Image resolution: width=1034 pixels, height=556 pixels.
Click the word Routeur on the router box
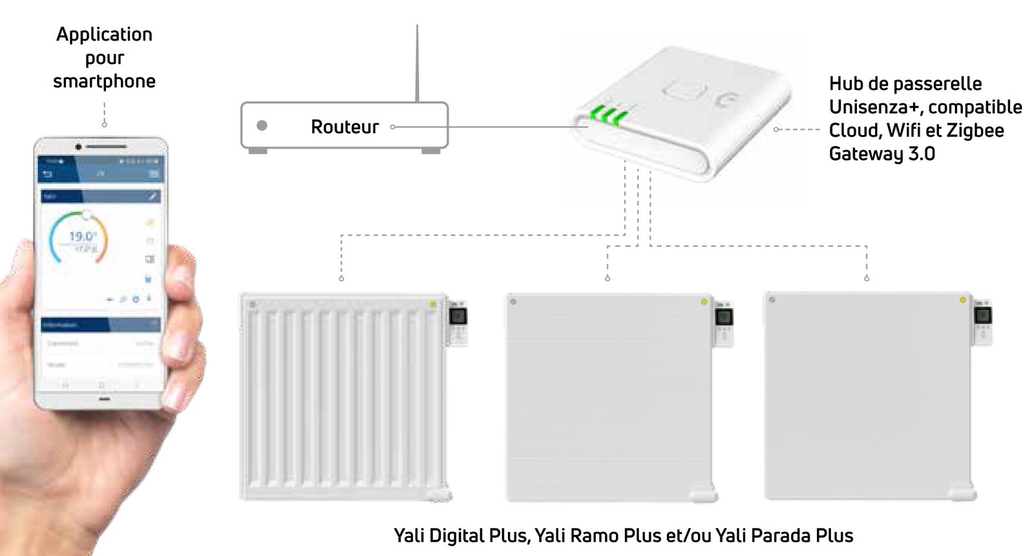344,127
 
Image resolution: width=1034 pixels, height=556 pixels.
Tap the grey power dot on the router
262,125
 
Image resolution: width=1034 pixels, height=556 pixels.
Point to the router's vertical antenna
417,65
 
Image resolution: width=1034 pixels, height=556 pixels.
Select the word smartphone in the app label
104,81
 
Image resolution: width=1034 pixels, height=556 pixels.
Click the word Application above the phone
104,34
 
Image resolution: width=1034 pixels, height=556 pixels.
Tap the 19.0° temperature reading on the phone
83,237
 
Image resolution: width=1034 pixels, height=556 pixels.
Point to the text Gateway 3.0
881,154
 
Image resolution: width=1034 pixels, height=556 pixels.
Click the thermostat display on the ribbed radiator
458,317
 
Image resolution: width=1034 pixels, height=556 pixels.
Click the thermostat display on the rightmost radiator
982,316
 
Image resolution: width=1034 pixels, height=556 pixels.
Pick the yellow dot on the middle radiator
704,302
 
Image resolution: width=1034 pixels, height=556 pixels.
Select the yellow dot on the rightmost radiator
963,300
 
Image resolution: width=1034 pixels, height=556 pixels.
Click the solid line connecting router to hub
511,127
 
